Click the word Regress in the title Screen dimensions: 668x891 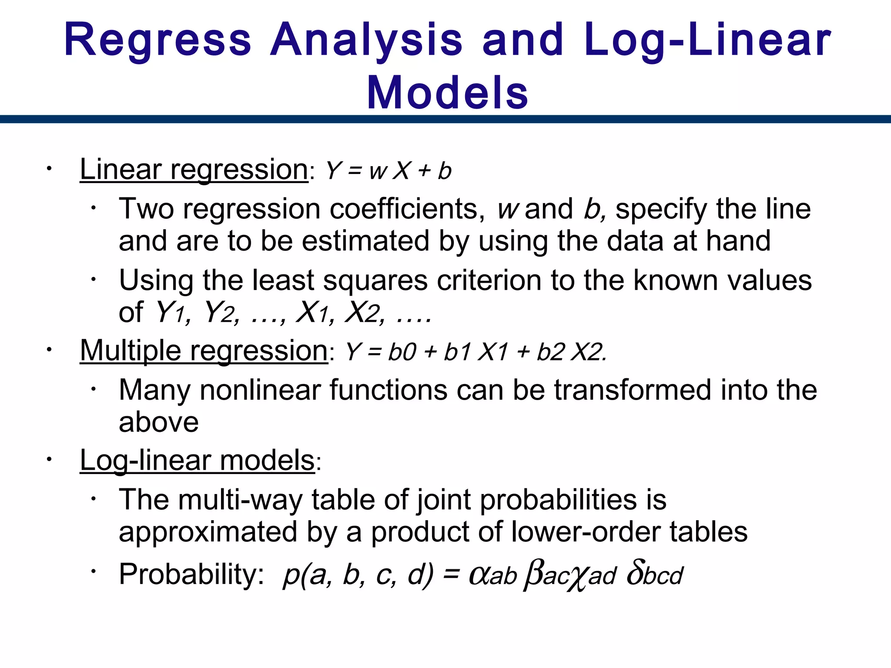click(x=157, y=40)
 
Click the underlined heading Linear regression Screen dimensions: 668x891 click(x=194, y=169)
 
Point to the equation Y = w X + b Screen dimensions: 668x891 click(x=389, y=170)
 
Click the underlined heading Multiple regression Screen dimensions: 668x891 click(x=204, y=351)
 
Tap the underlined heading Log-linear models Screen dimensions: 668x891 click(x=197, y=460)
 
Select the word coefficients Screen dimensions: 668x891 click(x=407, y=209)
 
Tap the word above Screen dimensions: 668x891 click(x=159, y=422)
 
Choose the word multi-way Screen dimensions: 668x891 click(x=241, y=500)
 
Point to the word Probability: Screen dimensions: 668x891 click(x=191, y=574)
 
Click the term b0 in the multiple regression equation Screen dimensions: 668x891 click(x=402, y=352)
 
